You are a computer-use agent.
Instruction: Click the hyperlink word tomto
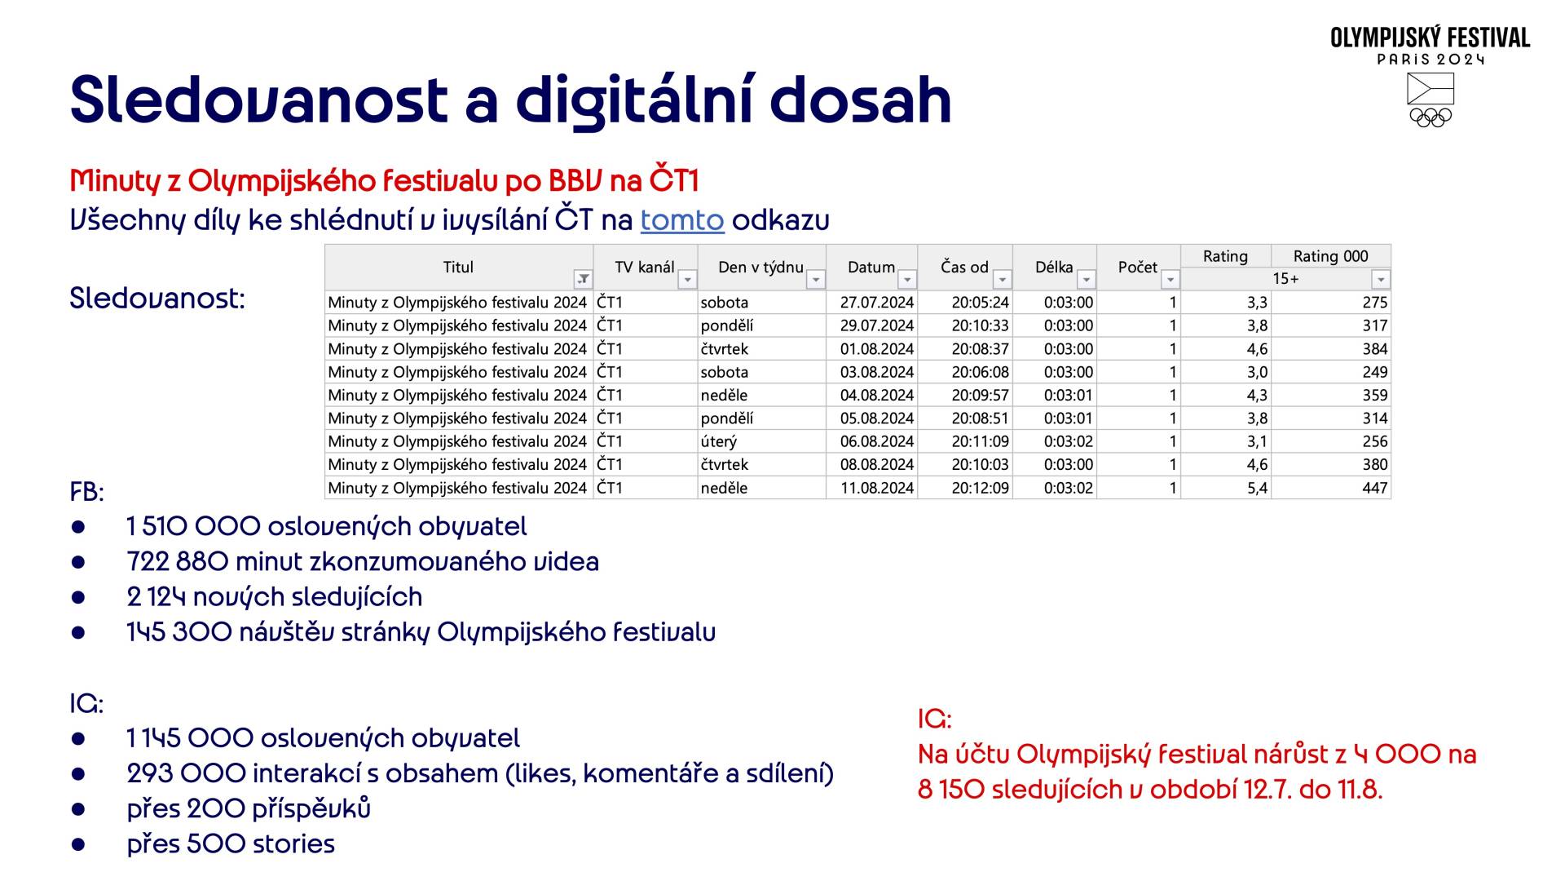pos(682,220)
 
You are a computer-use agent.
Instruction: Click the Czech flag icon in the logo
pos(1431,88)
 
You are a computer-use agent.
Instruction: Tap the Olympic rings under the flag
pos(1431,117)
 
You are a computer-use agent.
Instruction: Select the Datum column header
pos(871,267)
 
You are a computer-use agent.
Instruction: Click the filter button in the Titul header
pos(583,279)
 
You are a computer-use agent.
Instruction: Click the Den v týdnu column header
pos(761,267)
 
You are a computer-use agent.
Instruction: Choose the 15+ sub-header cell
pos(1285,279)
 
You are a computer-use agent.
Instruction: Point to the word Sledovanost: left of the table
pos(157,299)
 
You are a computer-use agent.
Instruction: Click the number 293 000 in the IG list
pos(187,773)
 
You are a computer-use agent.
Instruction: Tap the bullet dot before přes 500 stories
pos(78,844)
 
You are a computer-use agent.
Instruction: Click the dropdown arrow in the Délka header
pos(1086,279)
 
